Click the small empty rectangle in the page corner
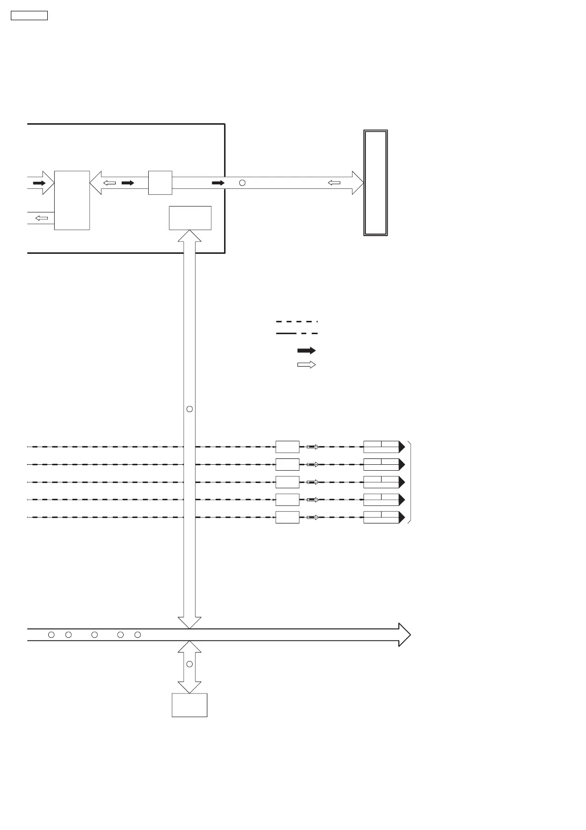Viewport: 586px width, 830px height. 29,15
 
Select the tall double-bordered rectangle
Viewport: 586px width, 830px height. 375,183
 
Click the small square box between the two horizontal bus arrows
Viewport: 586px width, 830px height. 160,183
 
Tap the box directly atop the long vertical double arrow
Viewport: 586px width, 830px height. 190,218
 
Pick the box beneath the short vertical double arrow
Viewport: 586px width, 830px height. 189,705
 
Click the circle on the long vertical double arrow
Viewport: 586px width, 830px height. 190,409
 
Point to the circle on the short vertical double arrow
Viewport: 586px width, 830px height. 190,664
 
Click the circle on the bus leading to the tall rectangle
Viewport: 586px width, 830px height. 242,183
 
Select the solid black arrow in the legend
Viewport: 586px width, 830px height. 306,350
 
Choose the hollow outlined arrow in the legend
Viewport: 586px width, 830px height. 306,365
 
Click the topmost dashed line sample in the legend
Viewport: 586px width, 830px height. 296,321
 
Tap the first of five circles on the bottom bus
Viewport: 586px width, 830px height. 51,635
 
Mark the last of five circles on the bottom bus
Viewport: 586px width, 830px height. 138,635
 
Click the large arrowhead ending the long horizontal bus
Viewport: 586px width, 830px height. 404,635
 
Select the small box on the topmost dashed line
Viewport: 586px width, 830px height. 287,447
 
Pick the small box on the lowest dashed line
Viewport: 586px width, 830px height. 287,518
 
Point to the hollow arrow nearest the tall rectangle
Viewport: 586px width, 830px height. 334,183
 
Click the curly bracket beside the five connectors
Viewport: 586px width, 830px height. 410,482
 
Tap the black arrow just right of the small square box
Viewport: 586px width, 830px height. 218,183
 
